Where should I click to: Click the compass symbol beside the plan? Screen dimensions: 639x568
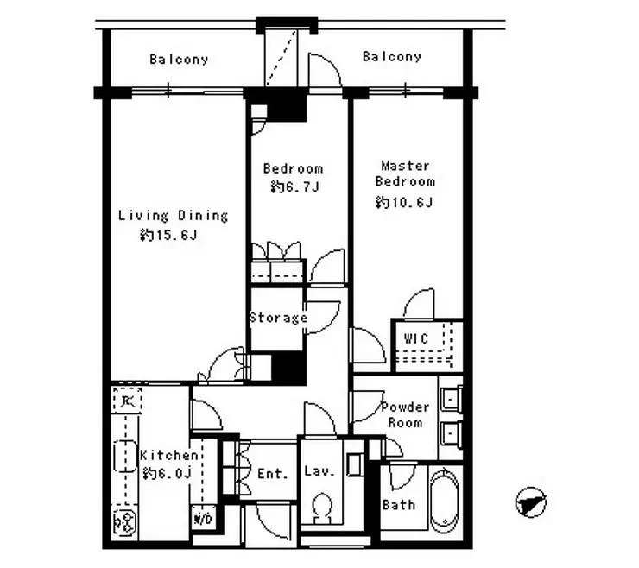[530, 502]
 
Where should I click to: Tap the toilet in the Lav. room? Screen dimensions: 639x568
[322, 508]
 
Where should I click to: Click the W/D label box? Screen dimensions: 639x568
[203, 519]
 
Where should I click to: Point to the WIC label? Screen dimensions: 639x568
[415, 338]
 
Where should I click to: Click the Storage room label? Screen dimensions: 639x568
[278, 318]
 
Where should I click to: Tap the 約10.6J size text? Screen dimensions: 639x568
[404, 202]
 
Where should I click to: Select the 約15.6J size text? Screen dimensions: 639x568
[168, 235]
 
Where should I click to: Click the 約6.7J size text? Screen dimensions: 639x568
[294, 186]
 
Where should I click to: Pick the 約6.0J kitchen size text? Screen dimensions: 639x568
[167, 473]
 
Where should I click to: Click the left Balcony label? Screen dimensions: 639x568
[179, 60]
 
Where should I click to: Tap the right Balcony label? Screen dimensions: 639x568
[392, 56]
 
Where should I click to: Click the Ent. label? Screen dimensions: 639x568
[273, 473]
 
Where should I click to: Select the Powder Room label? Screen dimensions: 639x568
[405, 415]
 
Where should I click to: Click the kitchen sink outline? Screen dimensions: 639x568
[124, 456]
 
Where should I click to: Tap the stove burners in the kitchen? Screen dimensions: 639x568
[124, 523]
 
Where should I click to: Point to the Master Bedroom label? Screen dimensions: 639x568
[405, 174]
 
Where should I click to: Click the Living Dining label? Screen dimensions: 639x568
[173, 216]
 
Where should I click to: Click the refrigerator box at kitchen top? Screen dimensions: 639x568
[127, 401]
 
